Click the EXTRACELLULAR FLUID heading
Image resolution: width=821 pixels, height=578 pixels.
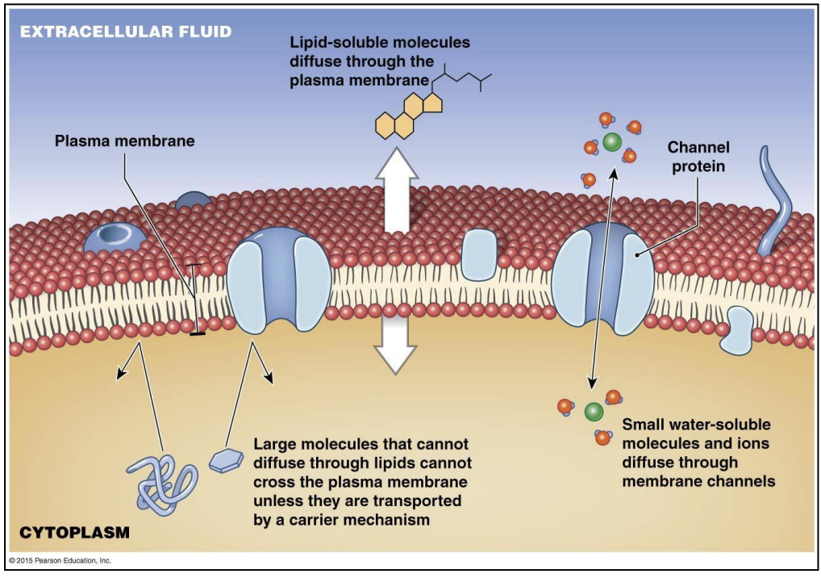point(126,32)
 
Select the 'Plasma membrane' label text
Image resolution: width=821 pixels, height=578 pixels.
point(124,140)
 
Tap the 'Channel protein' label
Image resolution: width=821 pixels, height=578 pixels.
point(698,157)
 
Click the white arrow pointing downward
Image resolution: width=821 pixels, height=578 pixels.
point(395,343)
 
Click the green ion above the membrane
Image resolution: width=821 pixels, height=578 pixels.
point(611,143)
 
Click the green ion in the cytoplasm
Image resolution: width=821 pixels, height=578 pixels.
point(594,412)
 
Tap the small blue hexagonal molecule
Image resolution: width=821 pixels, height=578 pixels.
point(227,460)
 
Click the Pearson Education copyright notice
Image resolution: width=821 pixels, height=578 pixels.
point(60,560)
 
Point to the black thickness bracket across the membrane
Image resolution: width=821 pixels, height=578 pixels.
point(194,299)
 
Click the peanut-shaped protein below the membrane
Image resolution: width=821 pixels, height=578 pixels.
point(738,329)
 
